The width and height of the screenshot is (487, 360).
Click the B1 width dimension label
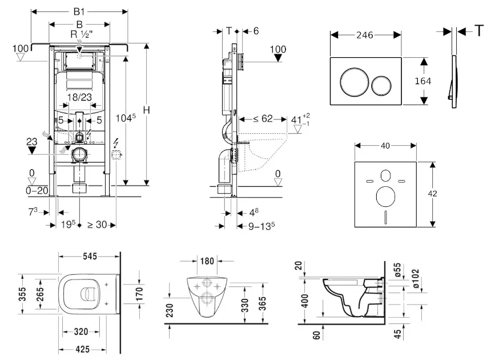tap(79, 11)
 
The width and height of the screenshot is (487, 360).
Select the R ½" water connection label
tap(82, 34)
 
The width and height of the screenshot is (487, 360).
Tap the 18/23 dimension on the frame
tap(79, 97)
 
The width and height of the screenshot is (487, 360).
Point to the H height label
tap(146, 110)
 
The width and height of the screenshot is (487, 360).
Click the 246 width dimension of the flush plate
tap(365, 35)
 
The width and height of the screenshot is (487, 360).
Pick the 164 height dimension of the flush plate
tap(423, 81)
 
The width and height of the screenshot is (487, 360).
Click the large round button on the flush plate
tap(355, 82)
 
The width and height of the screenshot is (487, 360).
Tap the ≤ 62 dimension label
tap(263, 118)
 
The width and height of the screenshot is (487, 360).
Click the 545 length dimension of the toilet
tap(90, 256)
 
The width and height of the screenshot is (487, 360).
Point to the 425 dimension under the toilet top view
tap(83, 350)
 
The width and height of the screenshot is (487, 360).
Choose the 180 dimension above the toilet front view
tap(207, 261)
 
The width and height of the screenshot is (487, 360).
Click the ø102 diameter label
tap(416, 278)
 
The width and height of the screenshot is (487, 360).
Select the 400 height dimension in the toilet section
tap(305, 301)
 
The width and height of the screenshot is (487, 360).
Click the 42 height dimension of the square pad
tap(432, 194)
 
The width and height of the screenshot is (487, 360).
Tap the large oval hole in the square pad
tap(385, 197)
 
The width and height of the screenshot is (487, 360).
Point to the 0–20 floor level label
tap(37, 190)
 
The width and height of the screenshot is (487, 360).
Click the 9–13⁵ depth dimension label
tap(261, 226)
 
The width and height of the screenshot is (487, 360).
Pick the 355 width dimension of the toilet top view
tap(22, 294)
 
